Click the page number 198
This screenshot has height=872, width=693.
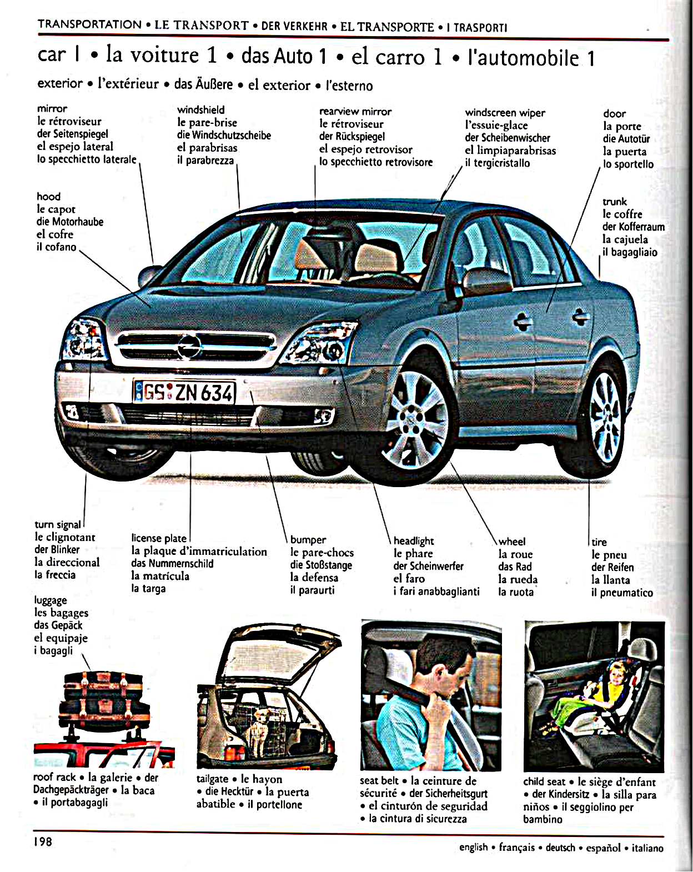click(43, 841)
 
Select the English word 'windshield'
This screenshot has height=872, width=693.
click(200, 110)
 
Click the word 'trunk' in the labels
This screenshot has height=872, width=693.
click(614, 202)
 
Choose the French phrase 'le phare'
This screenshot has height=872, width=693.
click(413, 554)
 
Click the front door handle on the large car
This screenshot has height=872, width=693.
click(523, 322)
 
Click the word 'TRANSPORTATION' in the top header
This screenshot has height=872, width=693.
click(89, 24)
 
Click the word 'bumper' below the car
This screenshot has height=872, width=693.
click(308, 540)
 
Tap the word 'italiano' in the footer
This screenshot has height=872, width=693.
click(647, 848)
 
